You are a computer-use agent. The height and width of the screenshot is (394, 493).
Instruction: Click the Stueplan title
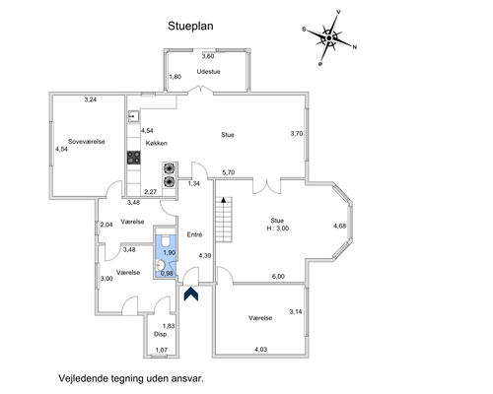(x=190, y=26)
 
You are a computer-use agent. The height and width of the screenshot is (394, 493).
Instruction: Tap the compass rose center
(x=329, y=38)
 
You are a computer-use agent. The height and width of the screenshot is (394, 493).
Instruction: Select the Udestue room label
(x=208, y=71)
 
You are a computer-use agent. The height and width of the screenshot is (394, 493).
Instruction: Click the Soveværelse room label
(x=87, y=142)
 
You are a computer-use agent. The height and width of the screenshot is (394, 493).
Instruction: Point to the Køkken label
(x=157, y=143)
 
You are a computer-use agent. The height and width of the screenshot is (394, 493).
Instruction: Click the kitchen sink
(x=133, y=116)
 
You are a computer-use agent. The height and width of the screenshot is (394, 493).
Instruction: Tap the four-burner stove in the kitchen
(x=134, y=158)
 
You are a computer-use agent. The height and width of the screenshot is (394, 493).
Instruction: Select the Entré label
(x=194, y=234)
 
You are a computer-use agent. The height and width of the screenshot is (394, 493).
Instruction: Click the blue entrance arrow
(x=191, y=294)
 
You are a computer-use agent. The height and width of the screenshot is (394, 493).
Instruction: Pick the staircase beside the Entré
(x=224, y=220)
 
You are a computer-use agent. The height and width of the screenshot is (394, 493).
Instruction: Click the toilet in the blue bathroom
(x=165, y=240)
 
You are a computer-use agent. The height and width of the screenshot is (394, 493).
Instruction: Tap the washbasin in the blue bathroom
(x=161, y=265)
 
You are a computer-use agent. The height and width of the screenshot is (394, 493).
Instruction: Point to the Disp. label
(x=161, y=334)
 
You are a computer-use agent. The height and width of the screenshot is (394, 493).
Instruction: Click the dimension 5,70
(x=229, y=172)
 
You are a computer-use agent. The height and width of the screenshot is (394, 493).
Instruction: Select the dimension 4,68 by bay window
(x=339, y=226)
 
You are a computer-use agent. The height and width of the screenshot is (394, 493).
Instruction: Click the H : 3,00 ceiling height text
(x=278, y=229)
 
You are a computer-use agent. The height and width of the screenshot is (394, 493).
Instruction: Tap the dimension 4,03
(x=260, y=350)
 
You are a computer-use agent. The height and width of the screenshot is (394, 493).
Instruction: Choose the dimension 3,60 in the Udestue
(x=208, y=56)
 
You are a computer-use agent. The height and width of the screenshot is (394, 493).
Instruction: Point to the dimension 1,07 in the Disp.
(x=162, y=350)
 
